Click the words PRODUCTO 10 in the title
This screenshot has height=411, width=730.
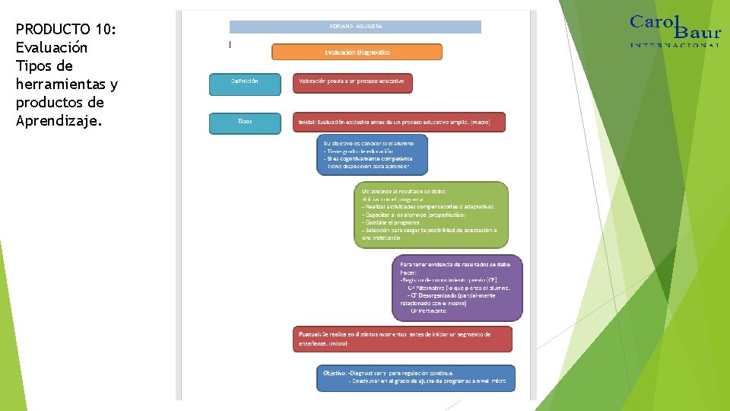(65, 30)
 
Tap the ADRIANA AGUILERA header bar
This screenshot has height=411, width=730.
(355, 27)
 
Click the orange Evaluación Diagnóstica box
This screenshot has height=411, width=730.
(357, 53)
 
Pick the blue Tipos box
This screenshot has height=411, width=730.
(244, 122)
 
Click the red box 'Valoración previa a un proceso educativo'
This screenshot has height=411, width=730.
(352, 82)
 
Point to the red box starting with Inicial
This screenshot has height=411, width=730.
(398, 122)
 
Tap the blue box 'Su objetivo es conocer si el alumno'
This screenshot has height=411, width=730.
(372, 155)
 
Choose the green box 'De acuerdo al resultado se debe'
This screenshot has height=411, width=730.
(430, 215)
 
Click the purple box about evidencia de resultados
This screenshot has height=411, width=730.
(457, 287)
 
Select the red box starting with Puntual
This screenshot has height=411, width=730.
(402, 339)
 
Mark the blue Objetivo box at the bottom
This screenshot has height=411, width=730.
(415, 378)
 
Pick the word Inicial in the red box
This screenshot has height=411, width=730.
(306, 122)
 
